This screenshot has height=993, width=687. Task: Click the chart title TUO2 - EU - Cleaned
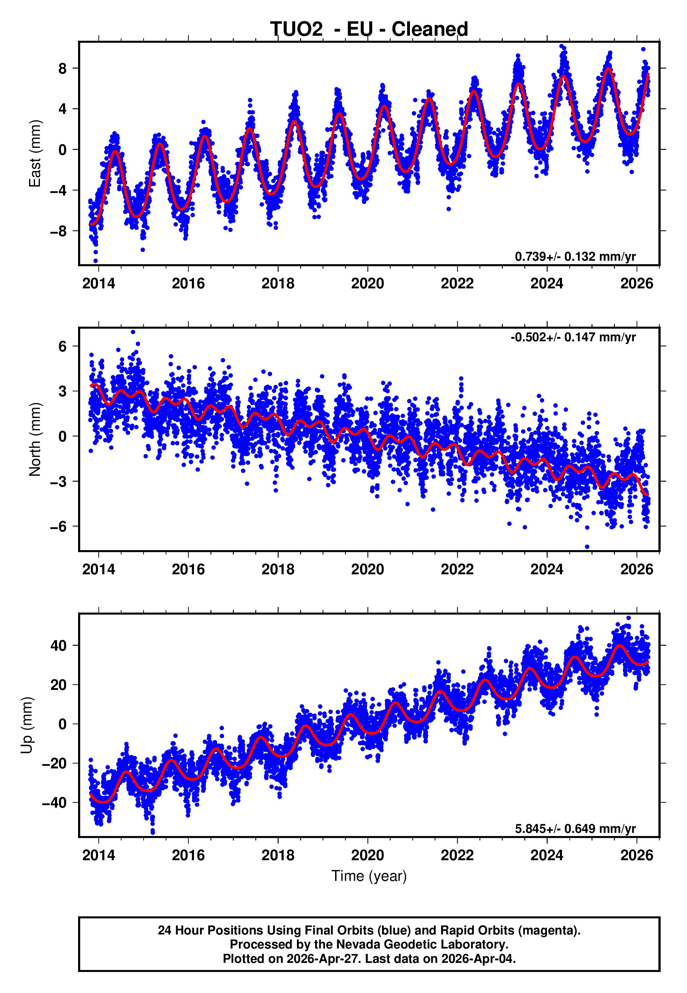pyautogui.click(x=369, y=29)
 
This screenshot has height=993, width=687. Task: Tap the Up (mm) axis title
pyautogui.click(x=27, y=725)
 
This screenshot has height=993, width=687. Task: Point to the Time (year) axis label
pyautogui.click(x=369, y=876)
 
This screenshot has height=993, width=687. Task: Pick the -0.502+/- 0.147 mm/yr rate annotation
pyautogui.click(x=573, y=337)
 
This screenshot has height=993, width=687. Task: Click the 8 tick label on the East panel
pyautogui.click(x=63, y=68)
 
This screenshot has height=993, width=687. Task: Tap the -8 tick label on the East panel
pyautogui.click(x=58, y=231)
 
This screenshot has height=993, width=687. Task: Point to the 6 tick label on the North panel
pyautogui.click(x=63, y=346)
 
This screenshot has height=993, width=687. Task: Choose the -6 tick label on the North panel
pyautogui.click(x=58, y=526)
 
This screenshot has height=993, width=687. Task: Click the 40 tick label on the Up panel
pyautogui.click(x=58, y=645)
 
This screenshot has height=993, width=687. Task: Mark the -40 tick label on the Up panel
pyautogui.click(x=54, y=803)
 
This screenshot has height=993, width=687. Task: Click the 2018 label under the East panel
pyautogui.click(x=278, y=283)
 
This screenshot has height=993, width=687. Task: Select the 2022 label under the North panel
pyautogui.click(x=457, y=569)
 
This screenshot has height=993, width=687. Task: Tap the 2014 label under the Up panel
pyautogui.click(x=99, y=855)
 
